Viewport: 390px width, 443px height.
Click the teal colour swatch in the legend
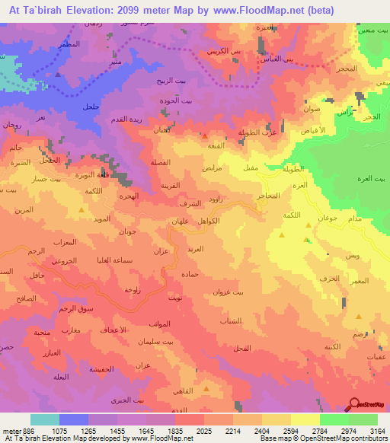[45, 419]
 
